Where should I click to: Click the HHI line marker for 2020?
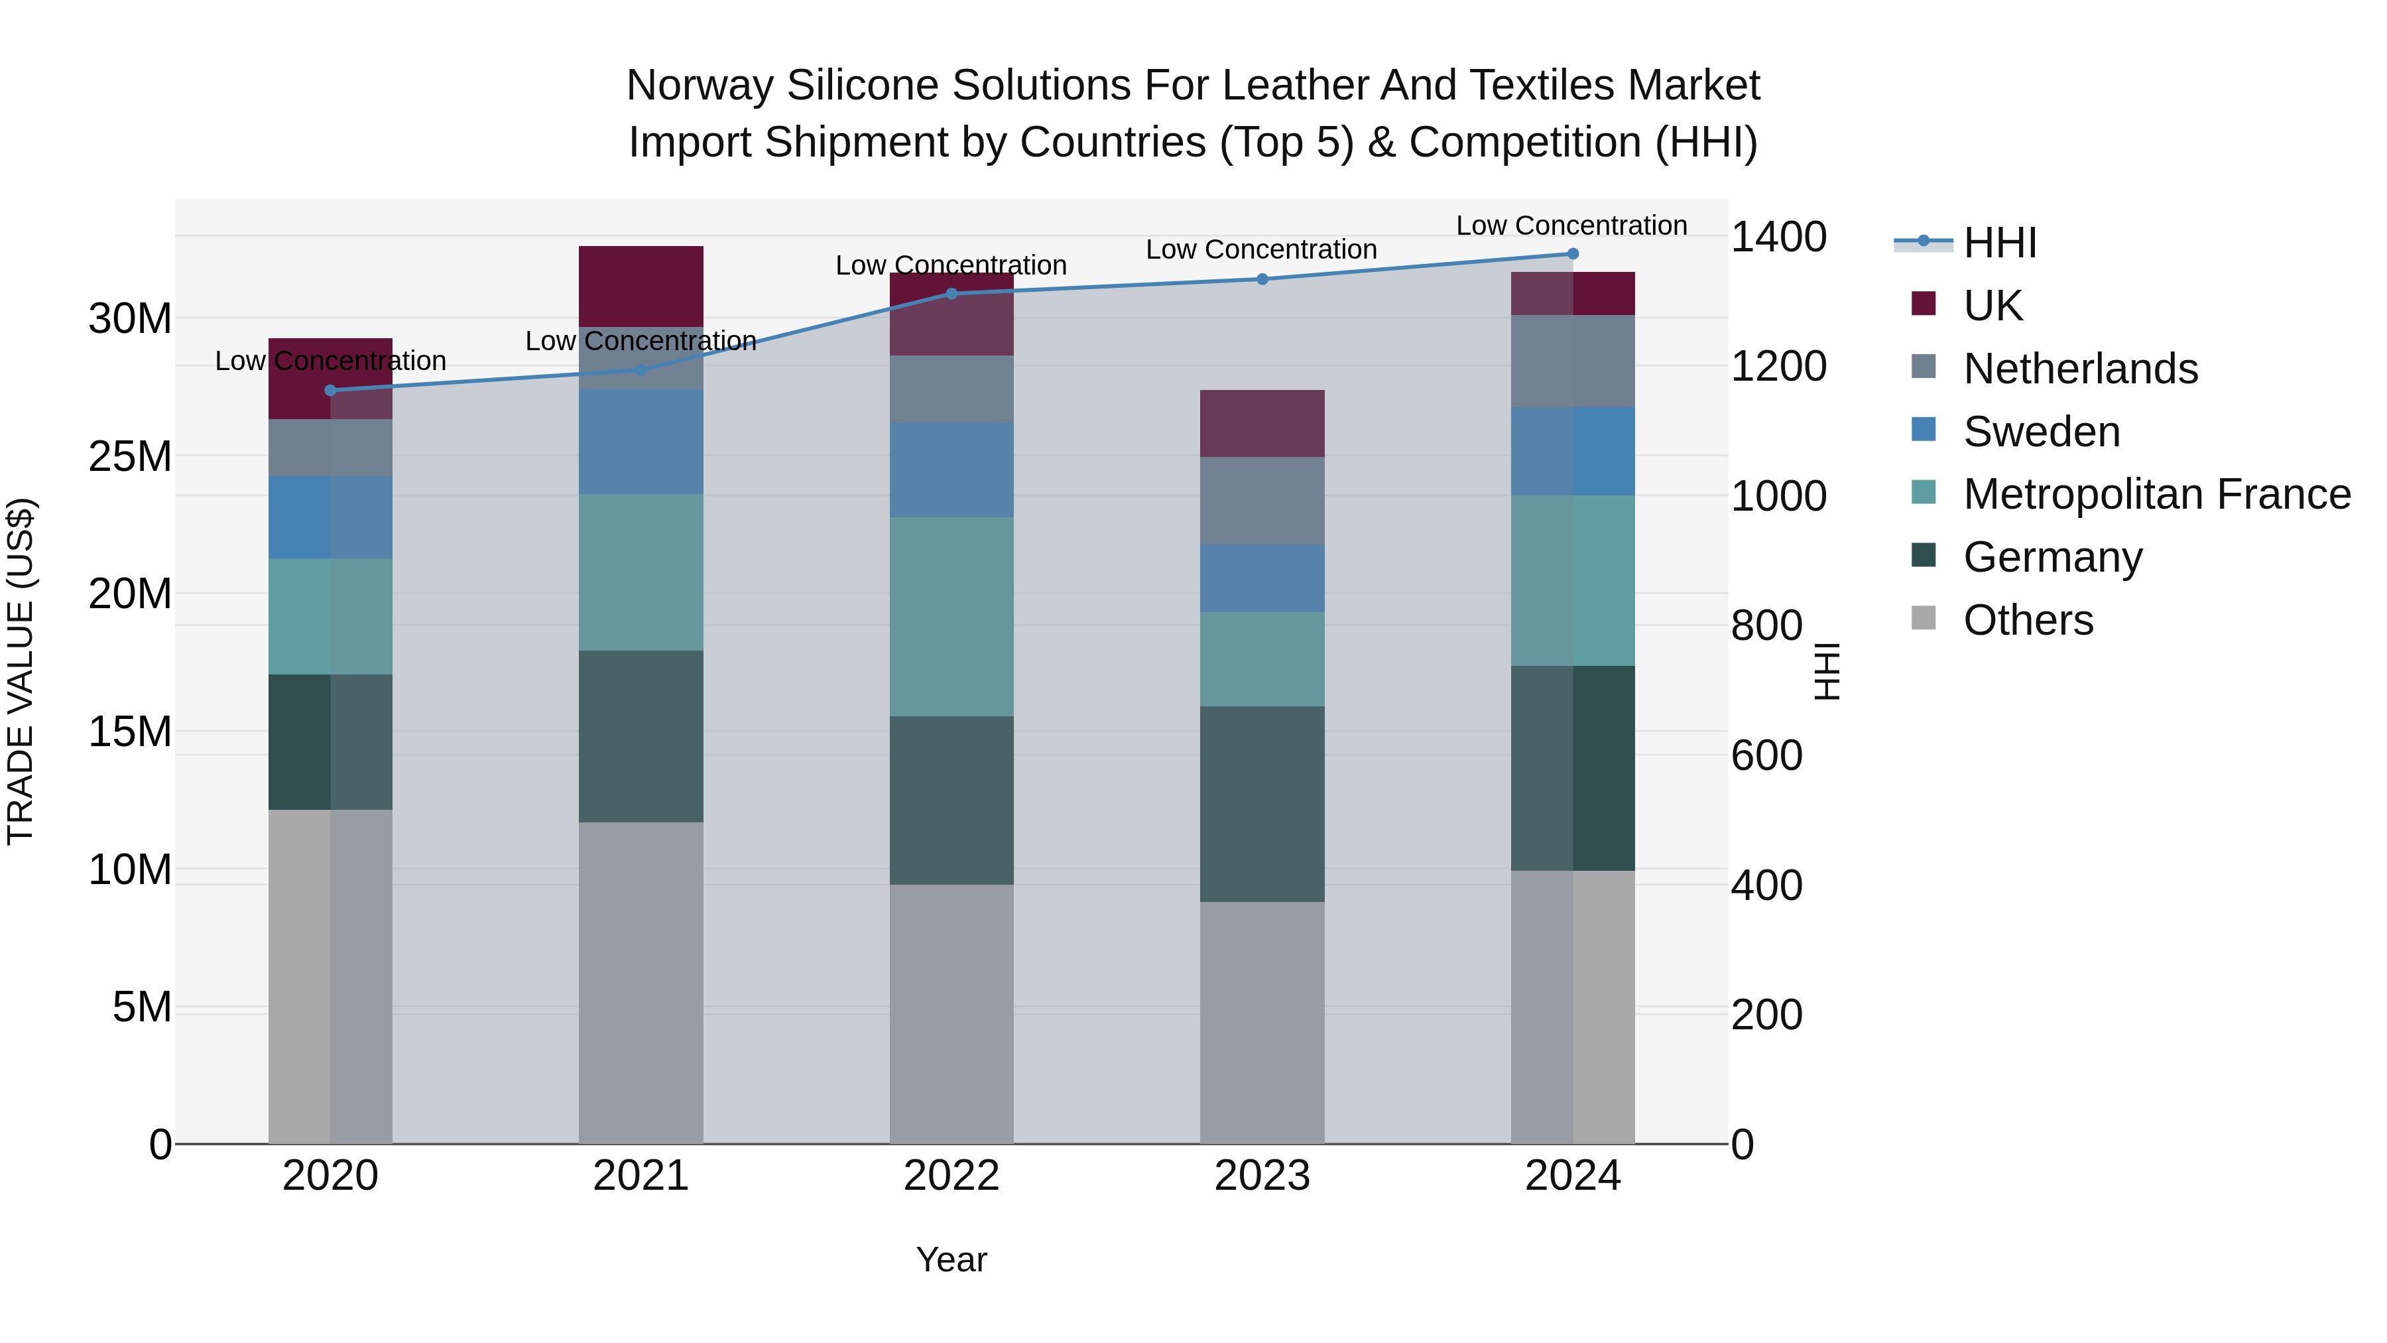pos(331,390)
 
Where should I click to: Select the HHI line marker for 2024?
pos(1573,254)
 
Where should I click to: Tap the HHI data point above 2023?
pos(1262,279)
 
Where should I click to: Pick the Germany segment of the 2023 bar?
pos(1262,804)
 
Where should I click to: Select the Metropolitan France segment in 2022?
pos(951,616)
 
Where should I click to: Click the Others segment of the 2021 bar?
pos(641,982)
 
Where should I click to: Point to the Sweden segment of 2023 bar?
pos(1262,578)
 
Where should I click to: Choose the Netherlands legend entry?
pos(2079,369)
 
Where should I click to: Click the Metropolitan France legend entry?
pos(2156,494)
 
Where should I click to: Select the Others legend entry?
pos(2028,620)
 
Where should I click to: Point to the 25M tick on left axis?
pos(130,456)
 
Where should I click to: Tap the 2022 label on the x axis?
pos(951,1176)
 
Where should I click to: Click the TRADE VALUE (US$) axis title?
pos(21,671)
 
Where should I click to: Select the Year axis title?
pos(951,1259)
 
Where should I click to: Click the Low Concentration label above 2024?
pos(1571,225)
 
